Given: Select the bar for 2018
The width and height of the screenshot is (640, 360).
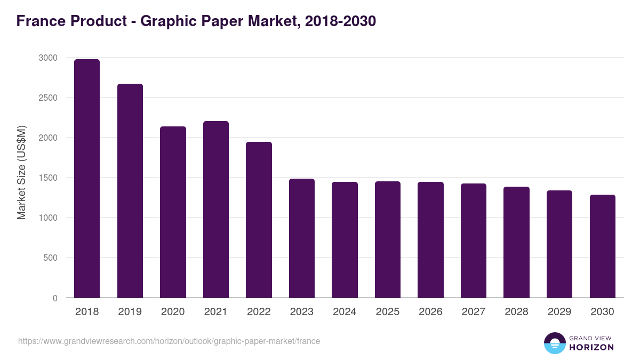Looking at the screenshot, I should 87,179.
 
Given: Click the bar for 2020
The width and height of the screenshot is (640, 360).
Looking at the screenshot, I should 173,212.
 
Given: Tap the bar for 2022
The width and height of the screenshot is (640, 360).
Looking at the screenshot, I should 259,220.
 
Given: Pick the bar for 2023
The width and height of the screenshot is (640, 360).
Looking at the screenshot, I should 302,238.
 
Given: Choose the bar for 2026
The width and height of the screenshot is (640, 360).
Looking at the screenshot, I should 430,240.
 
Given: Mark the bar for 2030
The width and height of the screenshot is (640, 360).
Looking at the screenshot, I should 602,246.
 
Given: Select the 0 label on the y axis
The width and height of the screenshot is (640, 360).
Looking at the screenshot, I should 55,298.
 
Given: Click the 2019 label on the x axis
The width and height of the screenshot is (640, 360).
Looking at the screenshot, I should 130,312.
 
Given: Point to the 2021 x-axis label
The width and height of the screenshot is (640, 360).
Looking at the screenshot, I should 215,312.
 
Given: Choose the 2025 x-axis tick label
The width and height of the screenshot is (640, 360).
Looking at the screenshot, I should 387,312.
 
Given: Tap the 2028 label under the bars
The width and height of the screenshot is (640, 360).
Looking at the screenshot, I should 516,312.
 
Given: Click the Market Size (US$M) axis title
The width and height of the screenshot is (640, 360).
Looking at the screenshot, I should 21,172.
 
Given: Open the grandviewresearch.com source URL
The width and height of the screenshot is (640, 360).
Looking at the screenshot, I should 169,341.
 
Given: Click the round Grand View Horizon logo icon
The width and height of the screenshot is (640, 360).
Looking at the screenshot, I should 554,343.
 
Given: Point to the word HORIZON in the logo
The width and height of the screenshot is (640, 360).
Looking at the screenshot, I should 591,347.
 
